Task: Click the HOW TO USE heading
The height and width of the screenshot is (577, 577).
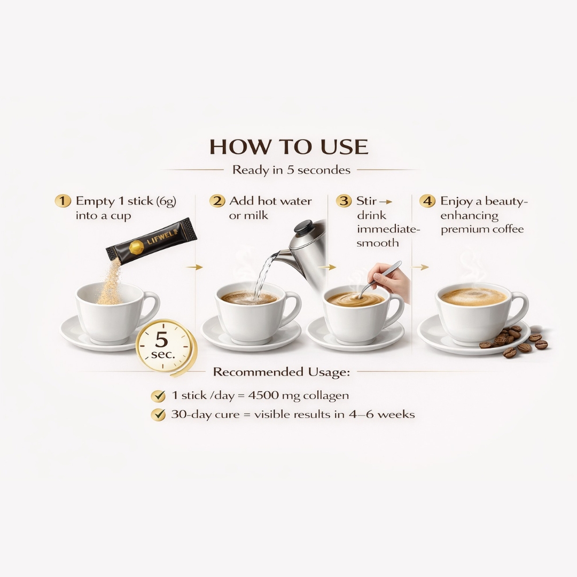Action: tap(288, 147)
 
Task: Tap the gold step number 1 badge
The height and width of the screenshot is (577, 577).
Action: tap(63, 201)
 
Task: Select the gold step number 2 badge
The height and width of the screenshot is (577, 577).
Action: tap(217, 201)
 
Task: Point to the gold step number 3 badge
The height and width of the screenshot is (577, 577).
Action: tap(344, 201)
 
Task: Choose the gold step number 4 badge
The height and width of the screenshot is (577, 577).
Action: tap(427, 201)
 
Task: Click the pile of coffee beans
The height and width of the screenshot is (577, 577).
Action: tap(513, 340)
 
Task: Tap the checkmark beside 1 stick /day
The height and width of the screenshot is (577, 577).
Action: tap(158, 396)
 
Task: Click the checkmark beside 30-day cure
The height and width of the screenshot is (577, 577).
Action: tap(158, 415)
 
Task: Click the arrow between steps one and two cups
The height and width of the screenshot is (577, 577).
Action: tap(198, 267)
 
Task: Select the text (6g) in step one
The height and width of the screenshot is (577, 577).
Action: tap(166, 201)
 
